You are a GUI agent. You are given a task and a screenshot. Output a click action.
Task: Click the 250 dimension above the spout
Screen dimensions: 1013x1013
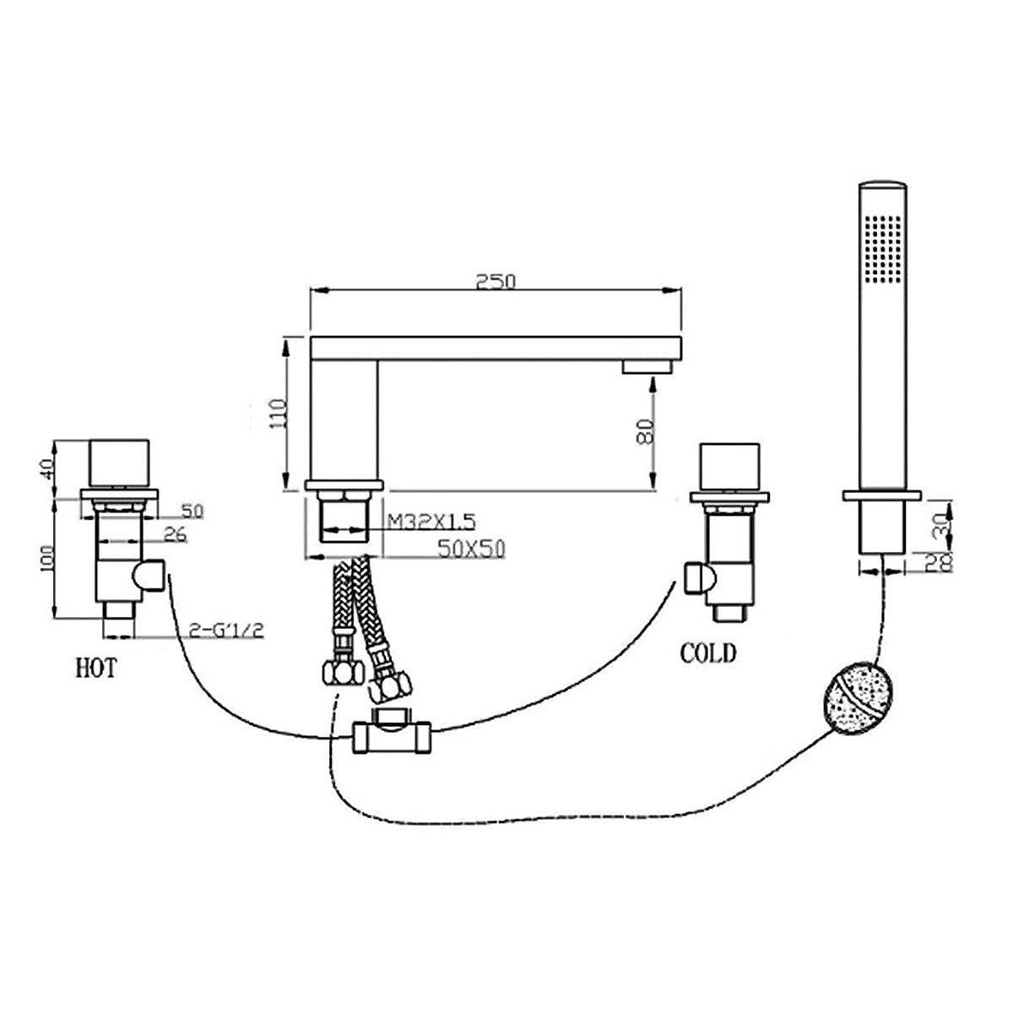[x=496, y=281]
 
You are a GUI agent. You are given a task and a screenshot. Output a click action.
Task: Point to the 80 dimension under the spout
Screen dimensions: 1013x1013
[x=643, y=431]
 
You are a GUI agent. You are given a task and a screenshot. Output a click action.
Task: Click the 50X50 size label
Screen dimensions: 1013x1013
[x=472, y=549]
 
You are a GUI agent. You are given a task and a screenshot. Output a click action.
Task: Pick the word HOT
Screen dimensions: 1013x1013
[x=96, y=669]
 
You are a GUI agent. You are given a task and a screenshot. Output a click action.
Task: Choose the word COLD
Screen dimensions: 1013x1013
[x=708, y=653]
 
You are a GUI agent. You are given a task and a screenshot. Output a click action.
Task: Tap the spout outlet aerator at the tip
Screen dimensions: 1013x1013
[x=647, y=366]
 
